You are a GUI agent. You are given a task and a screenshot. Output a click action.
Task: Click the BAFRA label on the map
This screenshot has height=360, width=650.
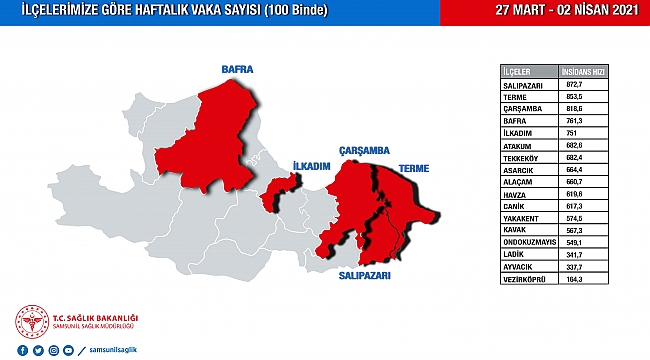(x=237, y=70)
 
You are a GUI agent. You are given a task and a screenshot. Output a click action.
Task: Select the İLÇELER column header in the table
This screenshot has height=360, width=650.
(x=517, y=73)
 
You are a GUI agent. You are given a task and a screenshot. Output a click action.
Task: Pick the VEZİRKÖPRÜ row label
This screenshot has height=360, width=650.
(x=526, y=281)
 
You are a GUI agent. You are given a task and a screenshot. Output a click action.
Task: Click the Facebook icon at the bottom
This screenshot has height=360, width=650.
(x=23, y=351)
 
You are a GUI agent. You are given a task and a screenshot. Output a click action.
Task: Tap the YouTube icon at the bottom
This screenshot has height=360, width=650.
(x=67, y=351)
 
